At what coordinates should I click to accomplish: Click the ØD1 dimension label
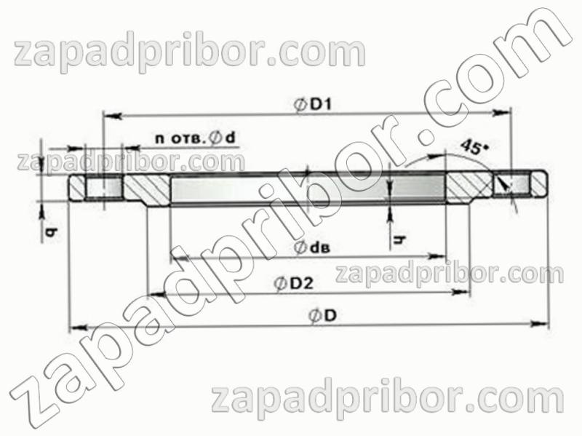pos(313,105)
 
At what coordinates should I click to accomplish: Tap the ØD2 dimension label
pos(294,284)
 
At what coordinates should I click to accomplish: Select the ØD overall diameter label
pos(323,316)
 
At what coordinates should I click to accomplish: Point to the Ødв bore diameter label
pos(312,247)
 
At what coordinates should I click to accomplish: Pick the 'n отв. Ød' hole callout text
pos(195,138)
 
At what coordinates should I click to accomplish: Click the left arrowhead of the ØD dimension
pos(79,328)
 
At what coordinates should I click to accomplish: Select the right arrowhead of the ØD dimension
pos(539,324)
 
